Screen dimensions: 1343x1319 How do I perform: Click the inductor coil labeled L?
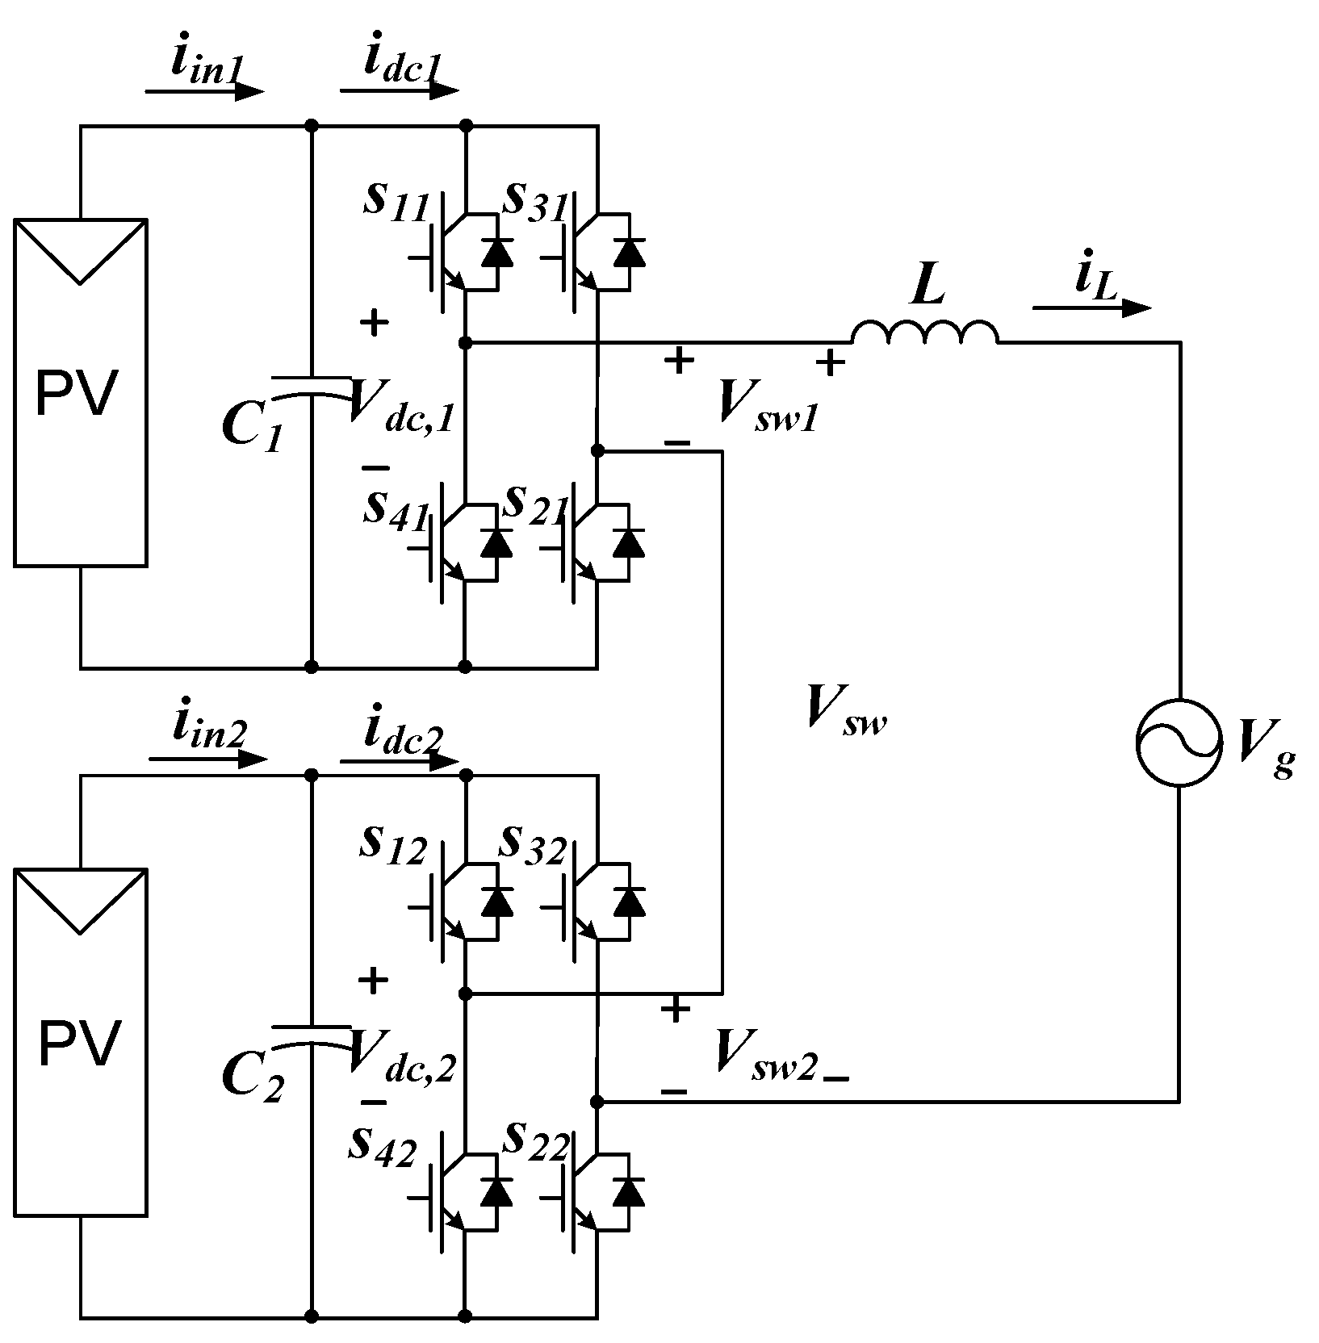[925, 333]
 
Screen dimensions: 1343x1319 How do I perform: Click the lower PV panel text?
[78, 1043]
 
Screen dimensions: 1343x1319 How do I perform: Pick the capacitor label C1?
[252, 428]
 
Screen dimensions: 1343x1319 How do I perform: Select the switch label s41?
[395, 508]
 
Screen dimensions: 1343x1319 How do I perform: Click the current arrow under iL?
[1091, 308]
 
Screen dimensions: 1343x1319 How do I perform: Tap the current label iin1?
[205, 65]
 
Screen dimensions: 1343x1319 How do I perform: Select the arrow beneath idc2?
[400, 760]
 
